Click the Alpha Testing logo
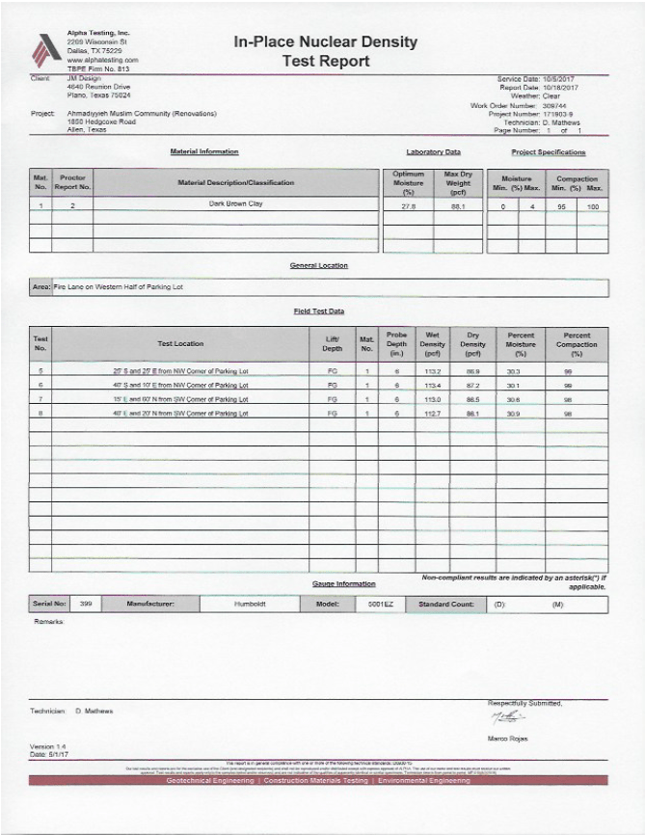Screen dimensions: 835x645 click(x=46, y=48)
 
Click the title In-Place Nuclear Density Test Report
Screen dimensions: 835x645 click(x=325, y=51)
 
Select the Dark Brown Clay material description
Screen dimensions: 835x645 click(x=235, y=203)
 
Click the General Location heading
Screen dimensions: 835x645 click(x=319, y=265)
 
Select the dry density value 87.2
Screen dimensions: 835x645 click(x=472, y=385)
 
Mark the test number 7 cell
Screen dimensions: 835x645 click(x=40, y=399)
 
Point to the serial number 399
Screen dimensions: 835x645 click(x=86, y=604)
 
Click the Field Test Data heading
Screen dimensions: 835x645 click(x=319, y=310)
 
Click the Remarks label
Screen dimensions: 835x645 click(x=48, y=622)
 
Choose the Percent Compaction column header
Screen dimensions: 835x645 click(x=578, y=342)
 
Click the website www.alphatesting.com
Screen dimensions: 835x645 click(x=103, y=60)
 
